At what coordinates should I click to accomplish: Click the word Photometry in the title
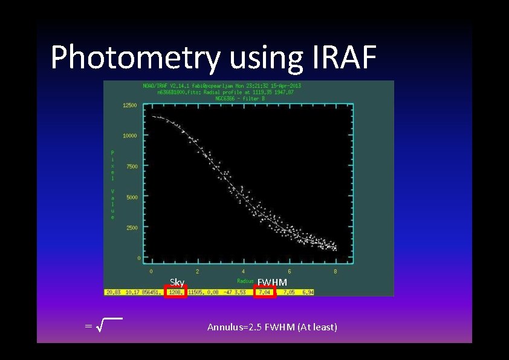coord(137,58)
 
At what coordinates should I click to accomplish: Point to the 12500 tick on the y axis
coord(130,105)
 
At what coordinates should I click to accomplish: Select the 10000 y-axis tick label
coord(130,136)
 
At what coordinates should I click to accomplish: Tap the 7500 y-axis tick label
coord(131,166)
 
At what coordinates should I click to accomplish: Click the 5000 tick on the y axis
coord(131,197)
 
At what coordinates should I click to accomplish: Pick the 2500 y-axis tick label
coord(131,228)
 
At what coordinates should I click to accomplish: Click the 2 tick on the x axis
coord(197,272)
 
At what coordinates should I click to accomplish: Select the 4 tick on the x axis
coord(244,272)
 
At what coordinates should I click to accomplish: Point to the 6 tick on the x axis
coord(290,272)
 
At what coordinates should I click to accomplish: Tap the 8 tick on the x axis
coord(336,272)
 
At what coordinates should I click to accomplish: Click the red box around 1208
coord(176,292)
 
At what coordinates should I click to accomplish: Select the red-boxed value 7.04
coord(265,292)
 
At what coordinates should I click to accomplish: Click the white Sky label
coord(177,283)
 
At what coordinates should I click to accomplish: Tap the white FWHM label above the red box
coord(272,283)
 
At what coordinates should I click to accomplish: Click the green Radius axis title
coord(245,281)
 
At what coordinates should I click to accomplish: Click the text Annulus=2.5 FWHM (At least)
coord(272,327)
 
